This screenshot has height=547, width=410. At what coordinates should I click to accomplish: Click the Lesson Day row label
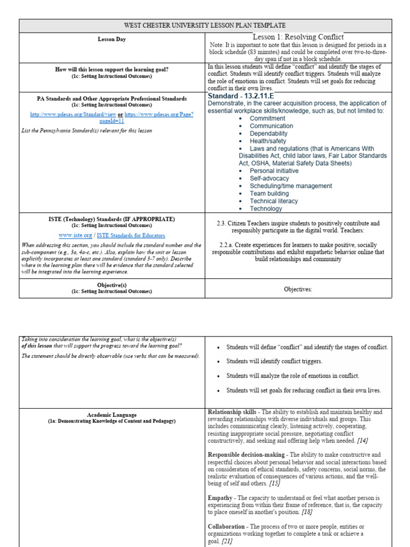point(112,40)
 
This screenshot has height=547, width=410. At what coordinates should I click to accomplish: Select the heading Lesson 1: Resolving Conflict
point(298,37)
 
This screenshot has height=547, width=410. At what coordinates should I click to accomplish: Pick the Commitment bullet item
point(267,119)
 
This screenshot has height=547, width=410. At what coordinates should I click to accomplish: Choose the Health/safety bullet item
point(268,141)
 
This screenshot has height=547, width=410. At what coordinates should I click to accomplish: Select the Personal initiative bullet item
point(274,171)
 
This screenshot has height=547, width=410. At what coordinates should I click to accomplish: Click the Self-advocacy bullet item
point(269,178)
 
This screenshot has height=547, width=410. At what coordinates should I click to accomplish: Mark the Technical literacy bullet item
point(274,201)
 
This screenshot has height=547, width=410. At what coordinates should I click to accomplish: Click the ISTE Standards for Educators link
point(131,235)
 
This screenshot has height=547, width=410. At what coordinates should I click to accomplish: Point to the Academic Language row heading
point(112,415)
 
